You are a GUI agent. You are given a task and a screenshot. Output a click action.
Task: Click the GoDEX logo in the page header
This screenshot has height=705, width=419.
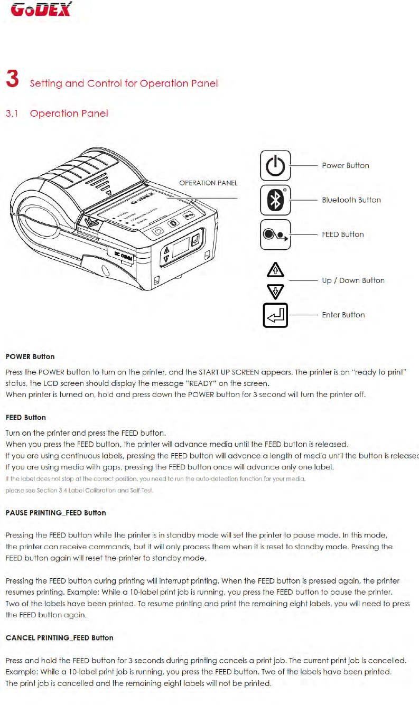(41, 10)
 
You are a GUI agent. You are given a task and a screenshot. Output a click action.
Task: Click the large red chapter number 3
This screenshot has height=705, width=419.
(12, 80)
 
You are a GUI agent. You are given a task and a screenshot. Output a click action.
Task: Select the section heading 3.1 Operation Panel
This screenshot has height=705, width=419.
(57, 114)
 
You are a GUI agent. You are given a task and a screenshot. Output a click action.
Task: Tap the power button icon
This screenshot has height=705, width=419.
(275, 166)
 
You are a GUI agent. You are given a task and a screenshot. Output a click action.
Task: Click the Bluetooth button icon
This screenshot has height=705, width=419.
(275, 200)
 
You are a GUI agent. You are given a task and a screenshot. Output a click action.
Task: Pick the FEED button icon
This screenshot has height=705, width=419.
(275, 234)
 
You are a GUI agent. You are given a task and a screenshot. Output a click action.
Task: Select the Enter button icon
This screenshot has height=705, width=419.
(275, 315)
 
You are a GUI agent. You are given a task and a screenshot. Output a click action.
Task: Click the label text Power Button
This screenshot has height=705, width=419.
(346, 166)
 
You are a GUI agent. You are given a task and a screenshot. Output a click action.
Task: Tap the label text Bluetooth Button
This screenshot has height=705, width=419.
(351, 200)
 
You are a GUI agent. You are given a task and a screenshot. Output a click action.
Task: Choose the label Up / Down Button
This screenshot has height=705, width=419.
(353, 280)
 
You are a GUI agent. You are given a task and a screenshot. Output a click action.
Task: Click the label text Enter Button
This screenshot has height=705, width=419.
(343, 315)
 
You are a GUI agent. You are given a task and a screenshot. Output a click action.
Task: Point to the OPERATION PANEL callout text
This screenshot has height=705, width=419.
(208, 183)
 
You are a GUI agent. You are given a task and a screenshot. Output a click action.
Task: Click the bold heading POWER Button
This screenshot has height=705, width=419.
(30, 356)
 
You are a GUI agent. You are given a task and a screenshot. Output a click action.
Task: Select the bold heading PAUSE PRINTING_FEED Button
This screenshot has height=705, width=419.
(56, 513)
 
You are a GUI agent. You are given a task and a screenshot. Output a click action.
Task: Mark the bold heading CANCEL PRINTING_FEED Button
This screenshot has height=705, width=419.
(59, 638)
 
